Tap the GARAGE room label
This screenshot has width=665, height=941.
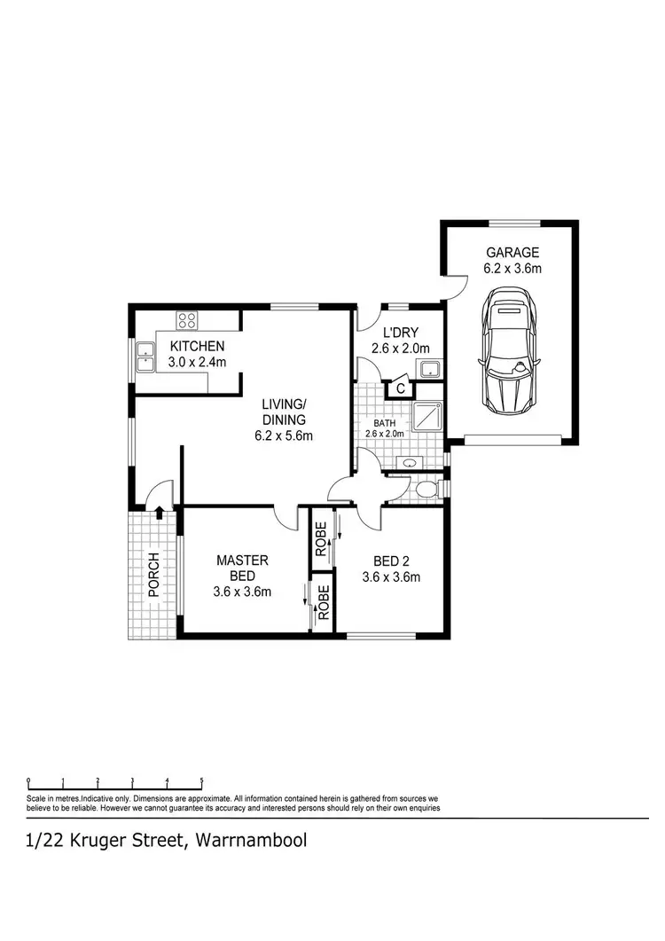click(x=512, y=253)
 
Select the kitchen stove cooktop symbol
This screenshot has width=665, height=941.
click(x=187, y=321)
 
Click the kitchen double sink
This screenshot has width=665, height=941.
click(x=144, y=357)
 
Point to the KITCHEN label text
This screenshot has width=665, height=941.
click(x=198, y=346)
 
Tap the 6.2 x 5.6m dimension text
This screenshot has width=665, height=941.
click(x=284, y=435)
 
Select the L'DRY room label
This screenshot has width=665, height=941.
click(x=400, y=333)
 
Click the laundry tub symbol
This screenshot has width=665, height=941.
click(x=430, y=369)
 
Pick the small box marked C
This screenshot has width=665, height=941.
click(x=401, y=388)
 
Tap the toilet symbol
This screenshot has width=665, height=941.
click(x=428, y=488)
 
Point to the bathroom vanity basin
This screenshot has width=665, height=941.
click(x=411, y=462)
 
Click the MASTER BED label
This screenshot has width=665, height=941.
click(x=242, y=568)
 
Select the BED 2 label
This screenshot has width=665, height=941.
click(x=390, y=561)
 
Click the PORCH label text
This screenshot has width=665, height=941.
click(x=153, y=576)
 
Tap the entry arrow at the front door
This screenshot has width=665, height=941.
click(x=158, y=512)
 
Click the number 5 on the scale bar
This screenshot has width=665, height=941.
click(x=201, y=781)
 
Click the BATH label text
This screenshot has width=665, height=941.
click(x=384, y=423)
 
